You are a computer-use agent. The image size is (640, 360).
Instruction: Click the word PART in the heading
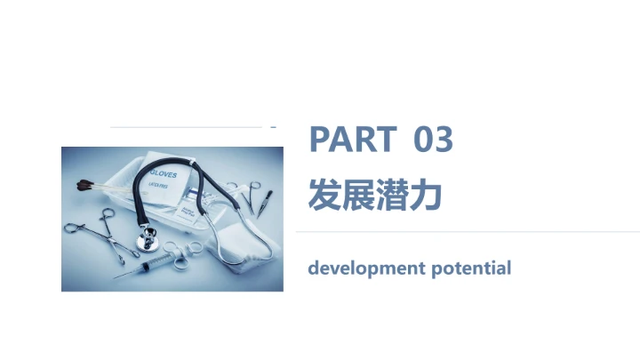click(x=352, y=140)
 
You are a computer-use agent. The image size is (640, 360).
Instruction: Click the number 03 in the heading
click(x=434, y=140)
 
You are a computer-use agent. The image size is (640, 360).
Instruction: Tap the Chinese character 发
click(x=324, y=194)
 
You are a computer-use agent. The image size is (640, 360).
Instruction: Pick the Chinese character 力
click(x=426, y=194)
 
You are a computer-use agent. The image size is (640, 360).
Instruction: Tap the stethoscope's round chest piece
click(x=144, y=239)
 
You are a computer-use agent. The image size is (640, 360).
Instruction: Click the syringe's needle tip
click(x=116, y=276)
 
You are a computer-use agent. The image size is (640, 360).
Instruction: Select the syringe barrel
click(x=152, y=262)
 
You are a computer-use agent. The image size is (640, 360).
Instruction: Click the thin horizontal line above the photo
click(x=187, y=127)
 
